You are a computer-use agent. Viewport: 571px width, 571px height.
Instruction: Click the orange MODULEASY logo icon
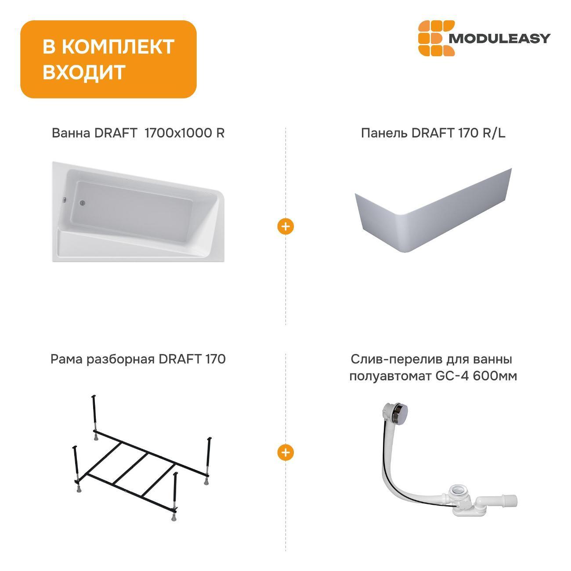tap(433, 38)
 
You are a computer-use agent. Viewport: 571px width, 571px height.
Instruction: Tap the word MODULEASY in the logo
tap(499, 39)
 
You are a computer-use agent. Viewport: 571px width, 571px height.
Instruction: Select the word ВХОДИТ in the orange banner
tap(84, 72)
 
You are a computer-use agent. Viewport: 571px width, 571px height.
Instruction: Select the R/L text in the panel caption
tap(494, 133)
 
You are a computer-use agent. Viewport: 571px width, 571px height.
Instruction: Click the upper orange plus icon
tap(285, 227)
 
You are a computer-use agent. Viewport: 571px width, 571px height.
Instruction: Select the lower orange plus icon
tap(285, 452)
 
